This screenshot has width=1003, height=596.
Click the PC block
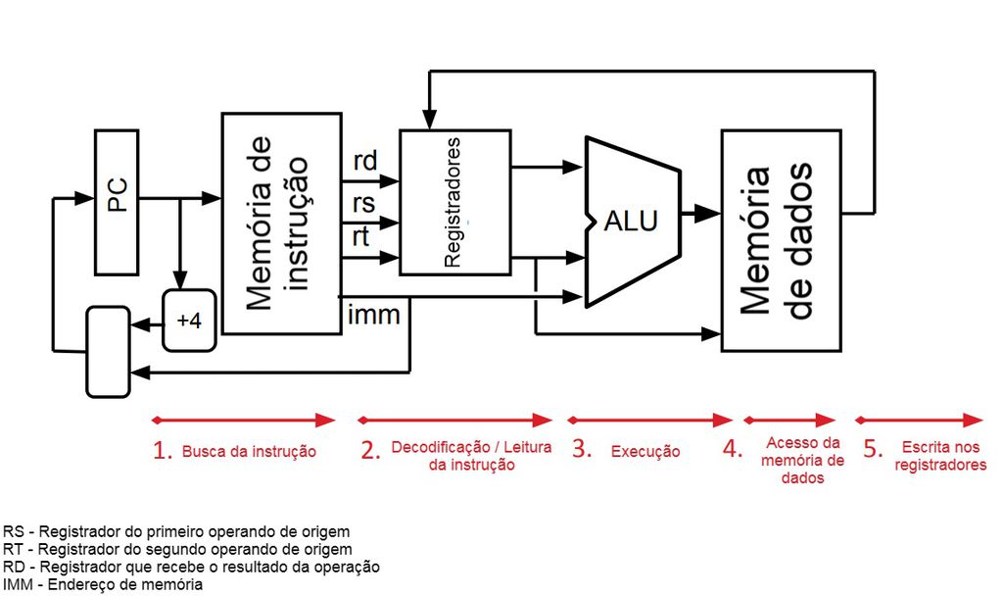(x=117, y=201)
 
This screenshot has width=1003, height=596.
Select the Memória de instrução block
(x=280, y=223)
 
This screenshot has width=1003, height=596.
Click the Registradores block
(x=454, y=203)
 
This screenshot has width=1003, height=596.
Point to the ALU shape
(x=631, y=221)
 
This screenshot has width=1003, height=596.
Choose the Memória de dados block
(x=782, y=239)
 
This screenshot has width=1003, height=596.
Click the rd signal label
(x=364, y=162)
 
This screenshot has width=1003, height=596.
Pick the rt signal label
(x=361, y=235)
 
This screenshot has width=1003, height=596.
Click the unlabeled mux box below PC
(x=108, y=351)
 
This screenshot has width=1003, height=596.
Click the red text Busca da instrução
(x=249, y=452)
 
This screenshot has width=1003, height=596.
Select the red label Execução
(x=645, y=452)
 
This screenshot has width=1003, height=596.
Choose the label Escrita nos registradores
(x=939, y=456)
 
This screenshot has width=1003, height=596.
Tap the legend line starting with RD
(x=192, y=567)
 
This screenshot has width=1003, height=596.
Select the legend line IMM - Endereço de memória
(x=103, y=584)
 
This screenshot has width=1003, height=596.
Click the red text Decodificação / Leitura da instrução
(x=471, y=456)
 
